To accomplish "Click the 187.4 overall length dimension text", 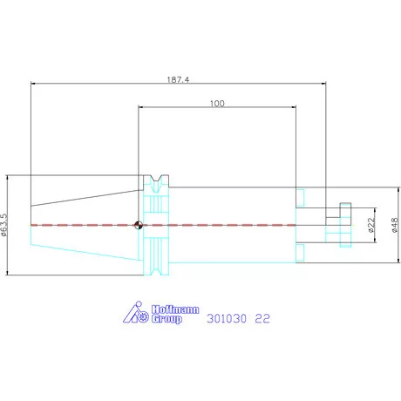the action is click(x=178, y=79).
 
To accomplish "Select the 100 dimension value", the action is click(x=217, y=104).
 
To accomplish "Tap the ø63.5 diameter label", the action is click(x=4, y=225).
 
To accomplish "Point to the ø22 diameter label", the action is click(x=371, y=225).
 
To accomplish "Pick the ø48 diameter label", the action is click(x=394, y=225).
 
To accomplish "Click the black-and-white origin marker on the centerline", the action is click(x=139, y=225).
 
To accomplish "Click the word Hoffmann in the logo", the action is click(x=175, y=309).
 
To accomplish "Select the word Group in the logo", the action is click(x=167, y=319).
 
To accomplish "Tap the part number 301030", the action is click(x=227, y=318).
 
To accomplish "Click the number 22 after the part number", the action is click(x=262, y=318).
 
